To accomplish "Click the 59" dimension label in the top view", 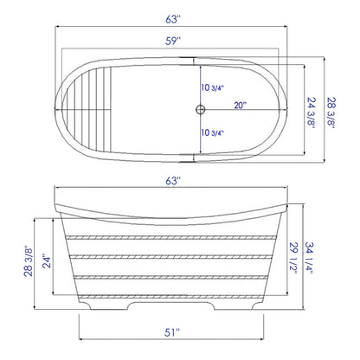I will pyautogui.click(x=177, y=39).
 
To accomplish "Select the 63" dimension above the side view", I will pyautogui.click(x=177, y=182).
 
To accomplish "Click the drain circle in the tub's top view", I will pyautogui.click(x=200, y=109).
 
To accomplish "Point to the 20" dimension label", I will pyautogui.click(x=240, y=106).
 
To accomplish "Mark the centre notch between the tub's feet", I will pyautogui.click(x=179, y=304).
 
